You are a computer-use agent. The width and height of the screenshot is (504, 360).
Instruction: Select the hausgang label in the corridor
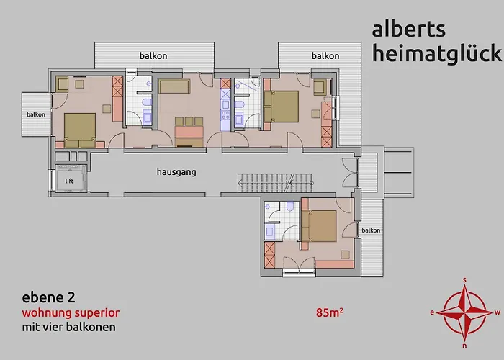pyautogui.click(x=176, y=173)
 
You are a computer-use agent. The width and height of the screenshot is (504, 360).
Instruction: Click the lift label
pyautogui.click(x=70, y=181)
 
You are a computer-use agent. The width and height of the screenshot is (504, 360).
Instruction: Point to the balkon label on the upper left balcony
pyautogui.click(x=154, y=55)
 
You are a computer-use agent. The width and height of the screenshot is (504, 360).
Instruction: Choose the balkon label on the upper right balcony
pyautogui.click(x=325, y=55)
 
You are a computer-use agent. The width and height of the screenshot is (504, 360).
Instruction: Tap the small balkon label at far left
pyautogui.click(x=36, y=114)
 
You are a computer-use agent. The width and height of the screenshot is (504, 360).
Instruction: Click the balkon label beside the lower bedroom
pyautogui.click(x=371, y=230)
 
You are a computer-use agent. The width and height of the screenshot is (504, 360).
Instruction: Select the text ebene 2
pyautogui.click(x=48, y=297)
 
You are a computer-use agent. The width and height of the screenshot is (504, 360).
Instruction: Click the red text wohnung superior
pyautogui.click(x=71, y=313)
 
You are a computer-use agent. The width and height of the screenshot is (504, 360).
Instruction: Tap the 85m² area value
pyautogui.click(x=329, y=313)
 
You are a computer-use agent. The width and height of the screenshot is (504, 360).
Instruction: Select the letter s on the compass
pyautogui.click(x=465, y=279)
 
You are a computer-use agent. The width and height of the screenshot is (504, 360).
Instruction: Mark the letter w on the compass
pyautogui.click(x=498, y=312)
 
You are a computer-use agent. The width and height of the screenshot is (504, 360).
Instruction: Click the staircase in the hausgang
pyautogui.click(x=277, y=181)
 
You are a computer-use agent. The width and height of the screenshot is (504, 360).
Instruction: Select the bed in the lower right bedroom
pyautogui.click(x=321, y=225)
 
